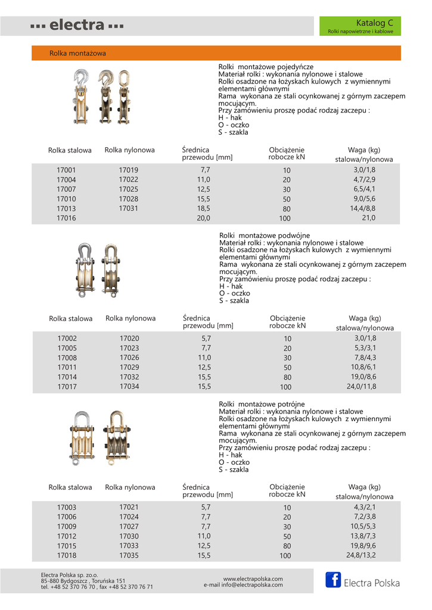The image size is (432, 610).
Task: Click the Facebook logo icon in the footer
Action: click(x=333, y=580)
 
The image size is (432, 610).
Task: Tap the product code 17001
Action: click(x=66, y=170)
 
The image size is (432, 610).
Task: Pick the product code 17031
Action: click(x=128, y=208)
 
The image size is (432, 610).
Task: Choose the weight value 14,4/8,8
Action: click(x=364, y=208)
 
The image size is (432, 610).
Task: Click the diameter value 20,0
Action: click(x=204, y=218)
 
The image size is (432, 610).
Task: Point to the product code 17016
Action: click(x=66, y=218)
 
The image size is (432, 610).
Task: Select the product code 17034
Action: click(x=129, y=387)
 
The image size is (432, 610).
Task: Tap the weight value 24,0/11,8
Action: click(x=362, y=387)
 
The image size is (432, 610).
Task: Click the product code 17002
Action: click(x=67, y=338)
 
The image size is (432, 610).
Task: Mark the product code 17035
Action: click(x=129, y=555)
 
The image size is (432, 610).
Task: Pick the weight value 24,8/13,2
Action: click(x=361, y=555)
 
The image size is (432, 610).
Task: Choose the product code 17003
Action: click(x=67, y=508)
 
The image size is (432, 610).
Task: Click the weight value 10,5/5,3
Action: click(x=363, y=527)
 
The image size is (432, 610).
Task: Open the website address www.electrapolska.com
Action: click(x=253, y=578)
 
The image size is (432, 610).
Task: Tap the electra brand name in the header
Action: click(x=77, y=26)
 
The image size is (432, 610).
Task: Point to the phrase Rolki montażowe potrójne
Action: click(x=262, y=404)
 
